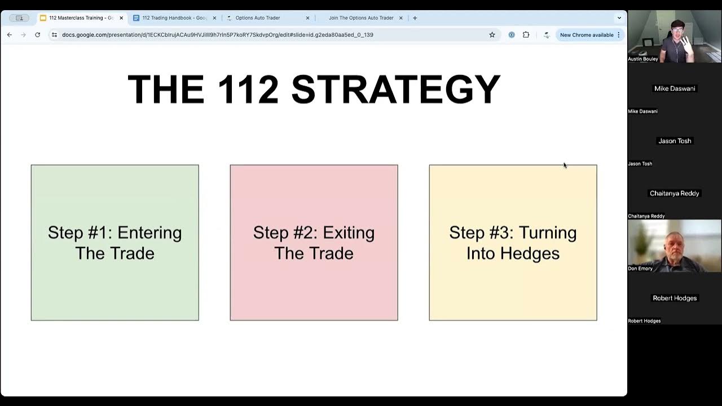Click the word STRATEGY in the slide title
coord(396,89)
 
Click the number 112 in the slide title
coord(248,89)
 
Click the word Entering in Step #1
coord(149,233)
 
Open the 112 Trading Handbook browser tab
coord(174,18)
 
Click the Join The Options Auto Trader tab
coord(361,18)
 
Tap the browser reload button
coord(37,35)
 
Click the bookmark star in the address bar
coord(492,35)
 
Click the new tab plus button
coord(415,18)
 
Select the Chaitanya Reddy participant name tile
coord(674,193)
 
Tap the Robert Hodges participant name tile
coord(674,298)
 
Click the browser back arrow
coord(10,35)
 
